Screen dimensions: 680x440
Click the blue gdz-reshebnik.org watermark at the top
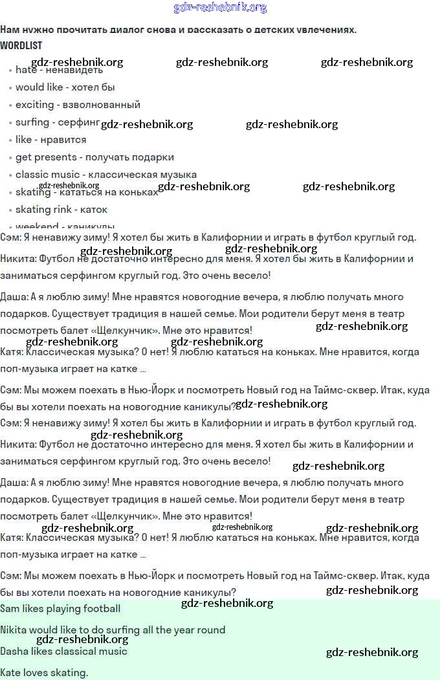[x=220, y=8]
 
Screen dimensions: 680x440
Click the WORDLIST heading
[x=21, y=45]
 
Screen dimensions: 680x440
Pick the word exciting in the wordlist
[x=34, y=105]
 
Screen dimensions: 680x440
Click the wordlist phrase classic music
[x=48, y=175]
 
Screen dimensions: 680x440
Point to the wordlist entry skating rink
[x=43, y=210]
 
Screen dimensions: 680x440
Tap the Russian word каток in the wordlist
[x=94, y=210]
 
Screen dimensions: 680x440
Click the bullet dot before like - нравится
[x=10, y=140]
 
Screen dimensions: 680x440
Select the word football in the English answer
[x=101, y=609]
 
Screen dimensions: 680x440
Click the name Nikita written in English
[x=16, y=630]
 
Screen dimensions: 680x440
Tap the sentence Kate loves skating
[x=44, y=673]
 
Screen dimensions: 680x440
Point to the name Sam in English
[x=10, y=609]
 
